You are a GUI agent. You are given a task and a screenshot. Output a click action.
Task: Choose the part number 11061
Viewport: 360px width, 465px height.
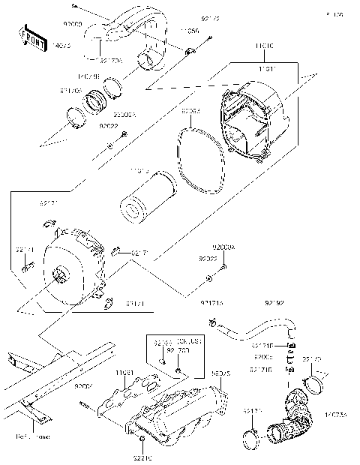point(124,372)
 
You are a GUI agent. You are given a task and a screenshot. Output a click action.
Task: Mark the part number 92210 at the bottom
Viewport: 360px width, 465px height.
point(142,457)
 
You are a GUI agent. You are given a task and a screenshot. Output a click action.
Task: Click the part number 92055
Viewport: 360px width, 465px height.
point(190,111)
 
